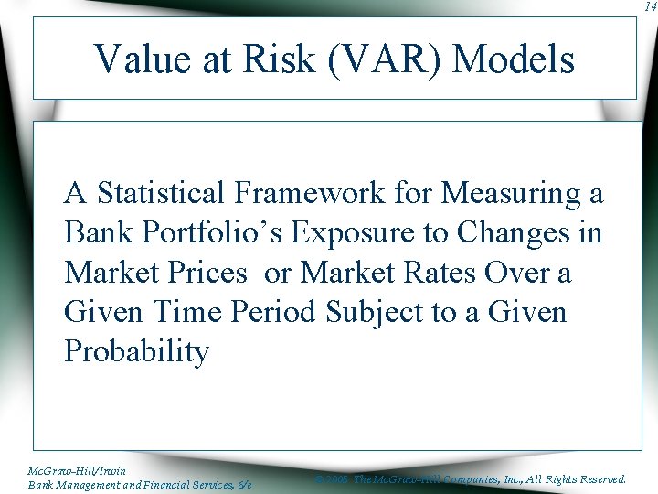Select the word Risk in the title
point(277,60)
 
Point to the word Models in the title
point(514,60)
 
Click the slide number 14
point(649,6)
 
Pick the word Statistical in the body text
point(160,193)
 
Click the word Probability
point(137,352)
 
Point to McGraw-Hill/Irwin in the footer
point(78,470)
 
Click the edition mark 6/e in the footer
point(244,484)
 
